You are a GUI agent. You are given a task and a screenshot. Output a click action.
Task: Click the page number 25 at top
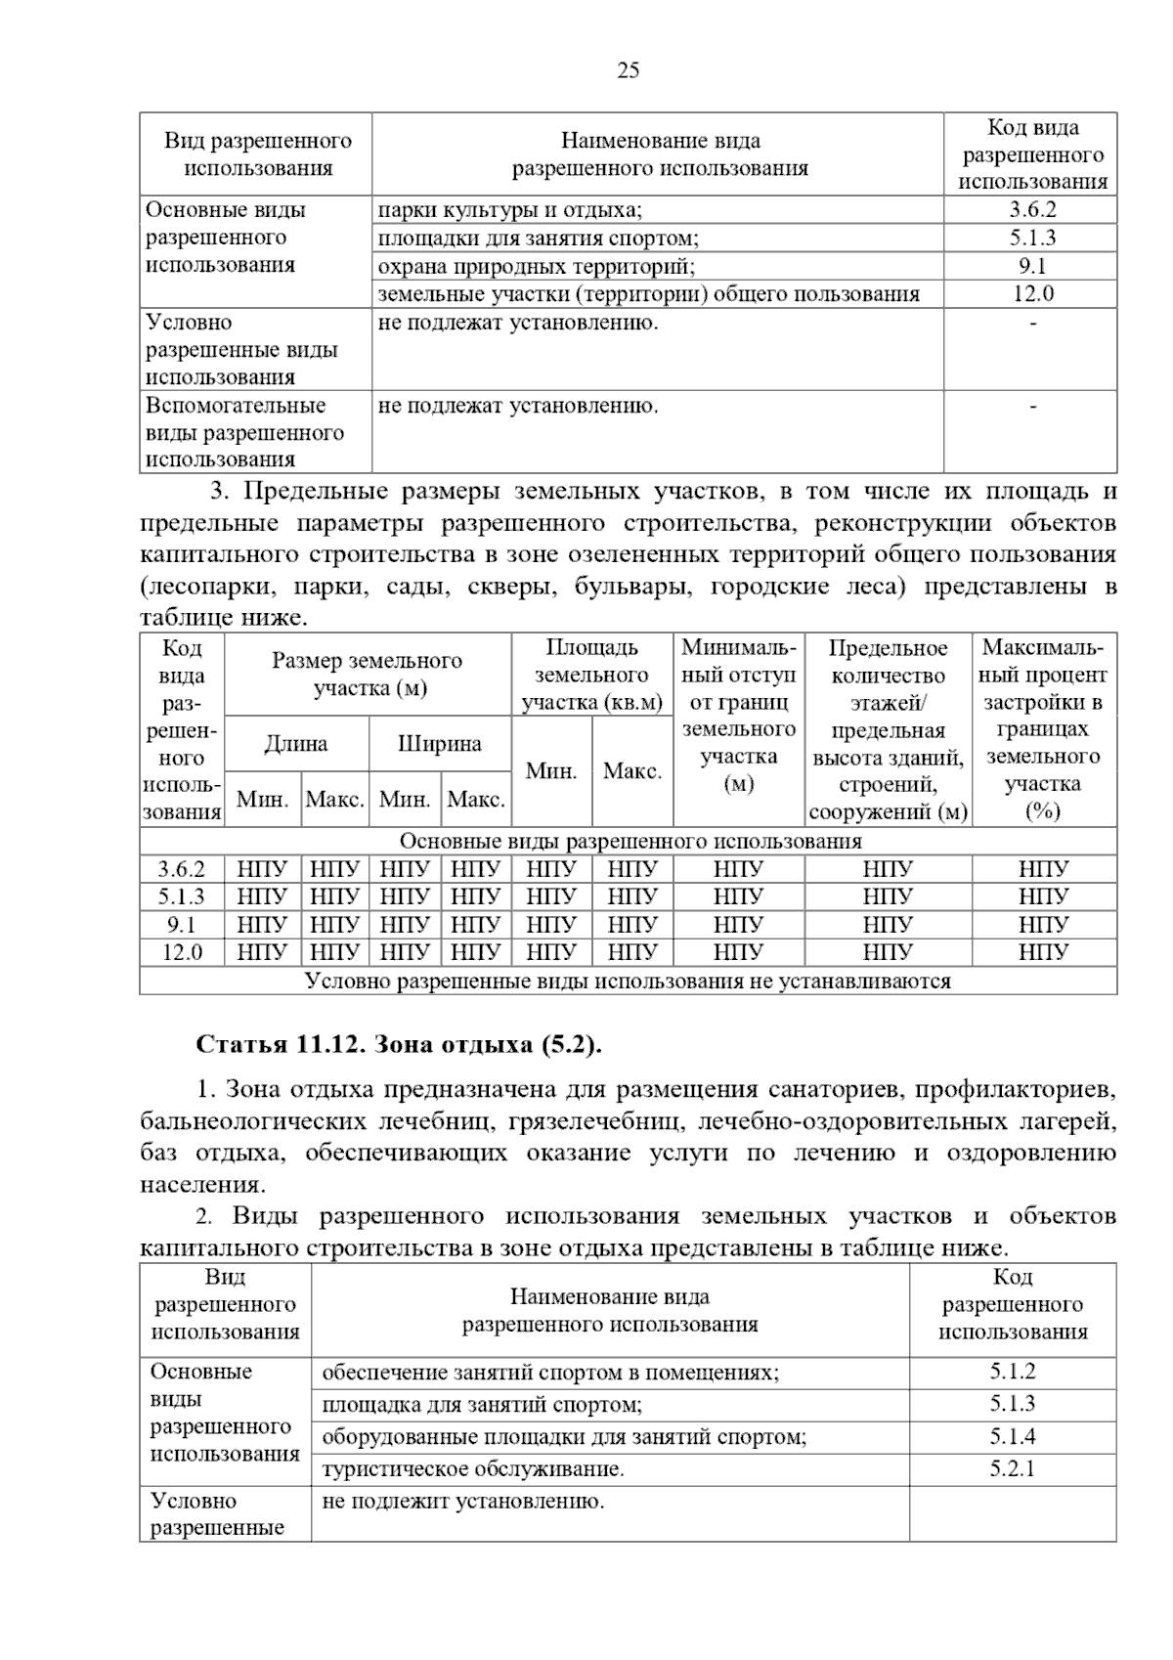(x=629, y=70)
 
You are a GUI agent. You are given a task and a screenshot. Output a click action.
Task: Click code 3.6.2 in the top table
(x=1032, y=209)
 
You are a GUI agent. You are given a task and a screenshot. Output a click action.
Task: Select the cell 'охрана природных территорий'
(x=536, y=266)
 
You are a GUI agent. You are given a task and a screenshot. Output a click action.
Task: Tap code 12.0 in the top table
(x=1032, y=293)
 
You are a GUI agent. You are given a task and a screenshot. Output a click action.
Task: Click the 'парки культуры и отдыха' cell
(x=509, y=209)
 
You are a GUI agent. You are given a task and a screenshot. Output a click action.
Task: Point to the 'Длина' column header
(x=296, y=744)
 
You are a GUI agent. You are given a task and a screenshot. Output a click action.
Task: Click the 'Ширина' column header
(x=440, y=744)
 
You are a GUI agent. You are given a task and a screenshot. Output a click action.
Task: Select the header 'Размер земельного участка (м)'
(x=368, y=675)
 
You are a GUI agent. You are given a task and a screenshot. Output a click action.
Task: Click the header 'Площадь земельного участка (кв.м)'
(x=592, y=675)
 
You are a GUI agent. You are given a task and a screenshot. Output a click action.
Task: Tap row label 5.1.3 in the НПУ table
(x=182, y=896)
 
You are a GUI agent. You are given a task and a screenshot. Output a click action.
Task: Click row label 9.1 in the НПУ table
(x=182, y=924)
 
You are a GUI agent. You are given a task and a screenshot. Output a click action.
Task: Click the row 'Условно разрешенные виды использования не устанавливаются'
(x=628, y=981)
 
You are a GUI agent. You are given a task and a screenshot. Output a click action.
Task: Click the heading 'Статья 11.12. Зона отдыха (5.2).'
(x=400, y=1044)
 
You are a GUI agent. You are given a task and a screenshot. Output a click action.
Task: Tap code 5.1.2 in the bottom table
(x=1012, y=1372)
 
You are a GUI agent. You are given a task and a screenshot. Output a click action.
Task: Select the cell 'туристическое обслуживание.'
(x=472, y=1468)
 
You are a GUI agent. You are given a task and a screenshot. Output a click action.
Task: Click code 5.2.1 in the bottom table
(x=1012, y=1468)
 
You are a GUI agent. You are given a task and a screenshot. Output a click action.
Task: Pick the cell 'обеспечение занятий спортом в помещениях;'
(x=550, y=1372)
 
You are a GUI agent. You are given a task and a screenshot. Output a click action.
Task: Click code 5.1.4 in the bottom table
(x=1012, y=1436)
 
